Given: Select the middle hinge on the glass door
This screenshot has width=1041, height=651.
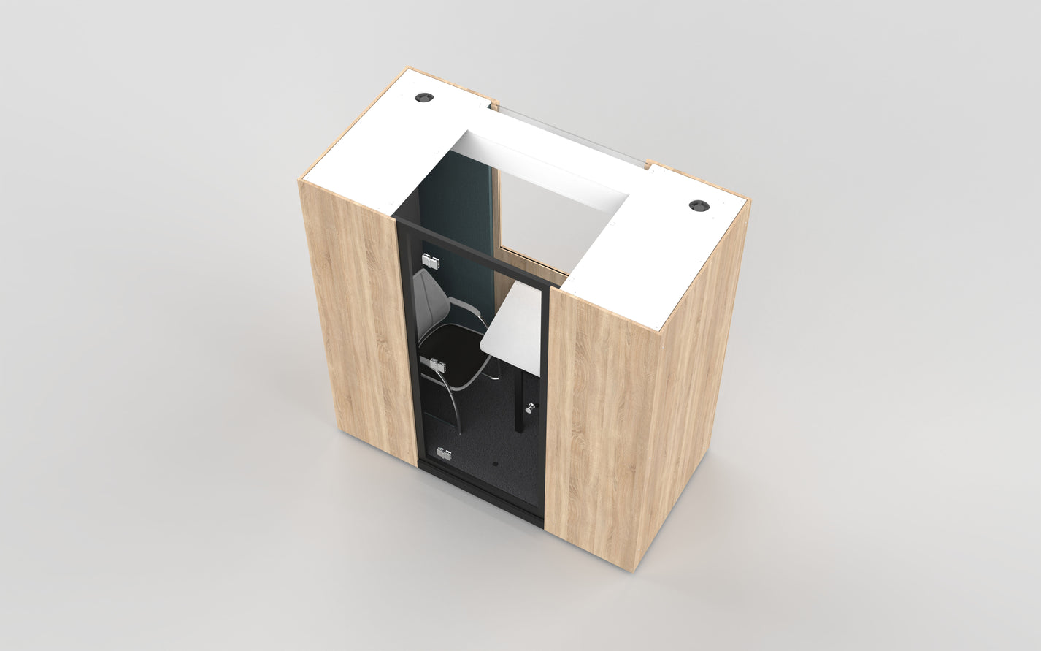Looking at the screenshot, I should click(x=438, y=363).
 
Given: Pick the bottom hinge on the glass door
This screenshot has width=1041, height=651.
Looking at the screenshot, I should click(x=443, y=453).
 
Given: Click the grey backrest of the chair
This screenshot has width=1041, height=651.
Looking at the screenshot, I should click(x=429, y=292).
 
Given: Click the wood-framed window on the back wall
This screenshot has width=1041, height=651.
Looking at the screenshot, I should click(x=529, y=219).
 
